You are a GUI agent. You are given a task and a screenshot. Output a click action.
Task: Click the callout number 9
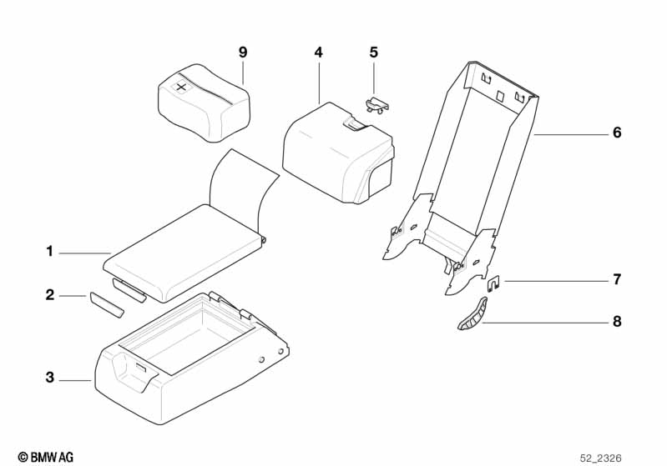click(x=242, y=53)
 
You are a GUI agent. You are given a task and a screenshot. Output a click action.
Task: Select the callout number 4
click(x=319, y=53)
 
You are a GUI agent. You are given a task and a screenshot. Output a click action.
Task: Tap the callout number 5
click(x=373, y=53)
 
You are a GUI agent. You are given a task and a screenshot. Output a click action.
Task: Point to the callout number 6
click(x=617, y=133)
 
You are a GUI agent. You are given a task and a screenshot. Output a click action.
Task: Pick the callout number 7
click(x=617, y=279)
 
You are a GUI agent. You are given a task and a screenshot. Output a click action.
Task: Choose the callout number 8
click(x=617, y=321)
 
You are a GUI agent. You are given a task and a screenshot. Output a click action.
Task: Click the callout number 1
click(x=50, y=252)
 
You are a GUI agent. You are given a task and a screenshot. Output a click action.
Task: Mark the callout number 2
click(x=50, y=294)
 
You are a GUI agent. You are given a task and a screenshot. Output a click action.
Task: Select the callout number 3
click(x=50, y=377)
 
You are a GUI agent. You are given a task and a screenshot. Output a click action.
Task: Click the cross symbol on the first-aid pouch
click(x=182, y=88)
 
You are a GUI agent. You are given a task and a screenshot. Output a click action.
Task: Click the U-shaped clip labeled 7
click(x=493, y=283)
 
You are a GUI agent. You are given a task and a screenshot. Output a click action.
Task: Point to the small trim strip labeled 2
click(x=106, y=305)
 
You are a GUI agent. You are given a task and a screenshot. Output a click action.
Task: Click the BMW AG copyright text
click(x=46, y=457)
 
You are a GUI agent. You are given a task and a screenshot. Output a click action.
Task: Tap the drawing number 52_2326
click(x=601, y=458)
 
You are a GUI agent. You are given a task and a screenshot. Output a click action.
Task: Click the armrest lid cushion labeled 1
click(x=184, y=252)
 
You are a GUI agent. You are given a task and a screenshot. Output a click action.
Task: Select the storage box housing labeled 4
click(x=339, y=152)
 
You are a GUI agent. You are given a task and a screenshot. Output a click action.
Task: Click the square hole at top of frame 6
click(x=500, y=97)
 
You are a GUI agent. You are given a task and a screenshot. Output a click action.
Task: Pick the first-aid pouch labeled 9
click(x=205, y=103)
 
